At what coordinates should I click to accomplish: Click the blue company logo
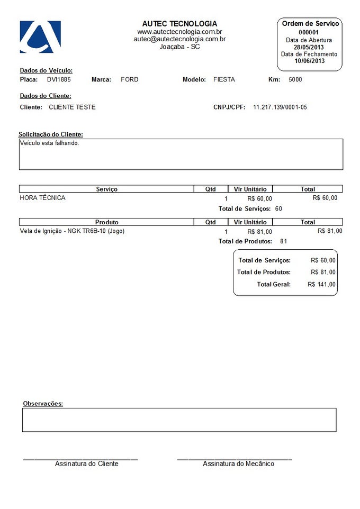[40, 37]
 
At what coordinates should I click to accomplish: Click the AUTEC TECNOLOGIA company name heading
[179, 24]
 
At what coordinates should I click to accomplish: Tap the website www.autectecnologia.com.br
[179, 32]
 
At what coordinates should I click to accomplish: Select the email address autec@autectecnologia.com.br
[179, 39]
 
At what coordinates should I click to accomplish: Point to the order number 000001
[309, 32]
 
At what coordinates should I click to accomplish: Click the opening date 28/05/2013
[309, 47]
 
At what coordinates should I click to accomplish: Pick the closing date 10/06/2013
[309, 61]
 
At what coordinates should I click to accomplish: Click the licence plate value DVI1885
[59, 79]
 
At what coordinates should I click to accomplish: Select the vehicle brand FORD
[130, 79]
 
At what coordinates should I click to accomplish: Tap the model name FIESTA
[224, 79]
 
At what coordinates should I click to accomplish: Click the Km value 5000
[295, 79]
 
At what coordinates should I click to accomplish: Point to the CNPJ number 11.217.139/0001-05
[280, 107]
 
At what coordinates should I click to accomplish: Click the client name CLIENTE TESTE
[72, 107]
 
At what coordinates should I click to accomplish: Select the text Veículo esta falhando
[49, 143]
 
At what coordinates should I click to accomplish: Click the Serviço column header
[106, 189]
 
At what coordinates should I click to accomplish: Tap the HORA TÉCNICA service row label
[42, 198]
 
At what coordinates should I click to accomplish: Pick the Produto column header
[106, 222]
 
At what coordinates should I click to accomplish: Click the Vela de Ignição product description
[72, 231]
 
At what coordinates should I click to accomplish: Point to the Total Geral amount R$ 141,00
[321, 284]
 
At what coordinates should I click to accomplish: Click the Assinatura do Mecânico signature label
[238, 463]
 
